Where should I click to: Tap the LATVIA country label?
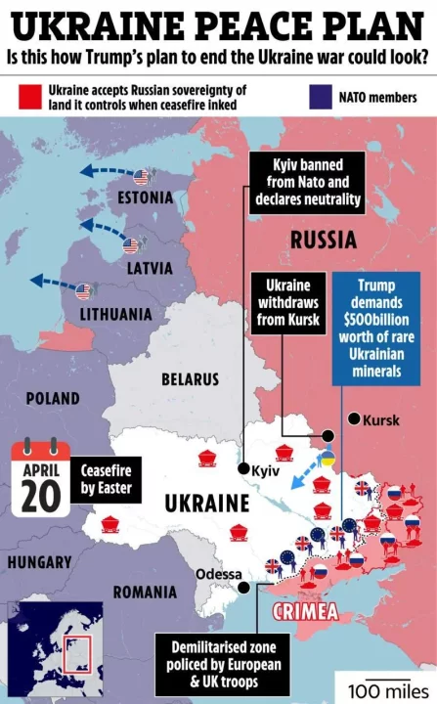pyautogui.click(x=149, y=267)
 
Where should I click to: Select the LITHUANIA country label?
pyautogui.click(x=117, y=314)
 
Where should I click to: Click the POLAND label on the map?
pyautogui.click(x=53, y=399)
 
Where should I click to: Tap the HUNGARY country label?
pyautogui.click(x=39, y=562)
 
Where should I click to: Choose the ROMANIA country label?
pyautogui.click(x=145, y=593)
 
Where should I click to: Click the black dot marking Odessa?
pyautogui.click(x=242, y=587)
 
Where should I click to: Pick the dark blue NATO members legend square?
pyautogui.click(x=318, y=97)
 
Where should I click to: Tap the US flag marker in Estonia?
pyautogui.click(x=143, y=177)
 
